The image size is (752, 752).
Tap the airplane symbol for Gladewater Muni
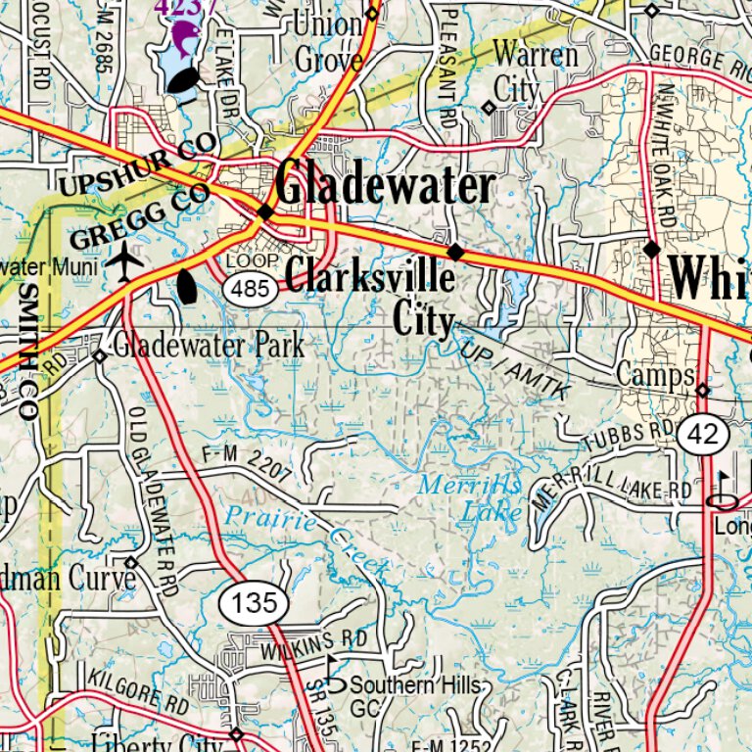(x=124, y=261)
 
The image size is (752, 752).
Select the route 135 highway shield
(x=255, y=602)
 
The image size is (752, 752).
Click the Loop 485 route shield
(x=253, y=288)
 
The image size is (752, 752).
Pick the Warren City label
(x=534, y=70)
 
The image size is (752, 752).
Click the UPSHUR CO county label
(x=136, y=167)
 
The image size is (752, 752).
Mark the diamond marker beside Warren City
(x=489, y=108)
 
